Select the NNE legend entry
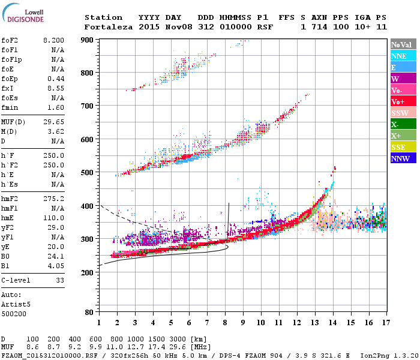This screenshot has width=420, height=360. pos(403,56)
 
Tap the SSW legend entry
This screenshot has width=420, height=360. pos(403,113)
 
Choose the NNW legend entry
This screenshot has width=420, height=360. pos(403,158)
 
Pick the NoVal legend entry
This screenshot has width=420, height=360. pos(403,44)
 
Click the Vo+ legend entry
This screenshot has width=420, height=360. pos(403,101)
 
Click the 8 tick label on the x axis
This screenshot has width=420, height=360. pos(225,323)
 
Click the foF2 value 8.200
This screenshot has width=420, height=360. pos(53,40)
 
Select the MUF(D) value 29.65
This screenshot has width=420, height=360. pos(53,122)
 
